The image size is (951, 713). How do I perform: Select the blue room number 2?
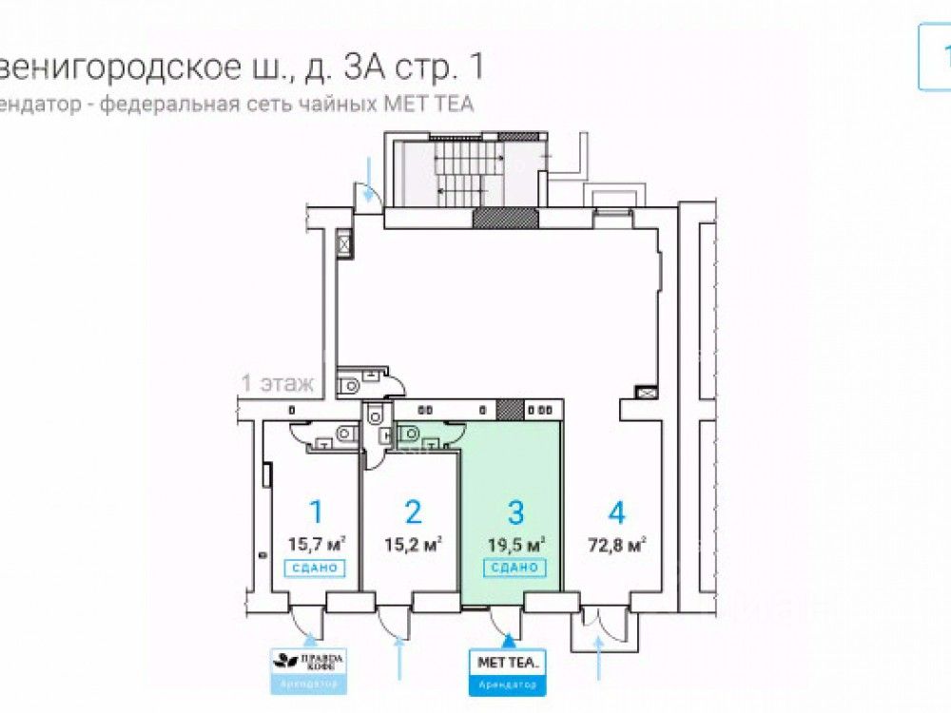413,513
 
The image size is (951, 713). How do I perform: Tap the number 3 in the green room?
515,513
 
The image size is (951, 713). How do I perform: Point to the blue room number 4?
617,513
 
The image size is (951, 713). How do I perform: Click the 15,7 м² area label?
316,545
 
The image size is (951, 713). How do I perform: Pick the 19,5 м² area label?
515,545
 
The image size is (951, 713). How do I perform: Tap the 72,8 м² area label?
617,545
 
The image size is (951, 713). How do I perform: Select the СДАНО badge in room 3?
515,568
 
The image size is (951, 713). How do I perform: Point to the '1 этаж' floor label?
277,384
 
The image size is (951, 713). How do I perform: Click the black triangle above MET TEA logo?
508,639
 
